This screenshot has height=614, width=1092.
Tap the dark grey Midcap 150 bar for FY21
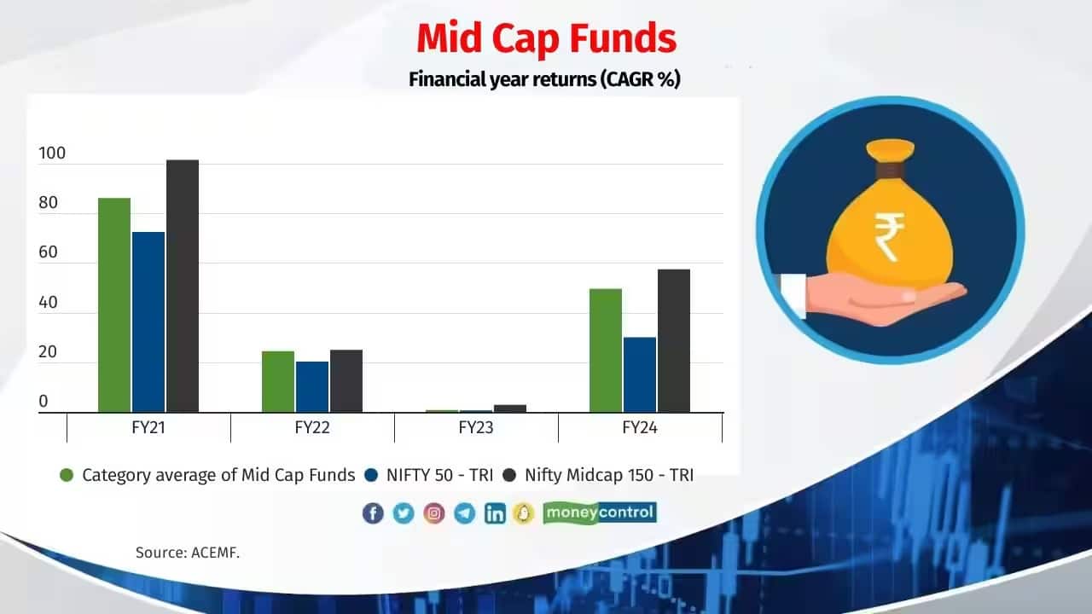(183, 287)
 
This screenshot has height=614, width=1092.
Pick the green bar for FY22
(278, 382)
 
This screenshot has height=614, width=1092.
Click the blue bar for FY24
(640, 375)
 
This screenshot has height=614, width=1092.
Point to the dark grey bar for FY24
(674, 341)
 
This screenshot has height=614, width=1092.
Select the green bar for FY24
(606, 350)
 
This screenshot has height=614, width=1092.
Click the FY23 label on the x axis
(476, 428)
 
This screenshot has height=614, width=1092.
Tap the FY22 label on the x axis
(312, 428)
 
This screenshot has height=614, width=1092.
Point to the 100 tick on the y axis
(52, 154)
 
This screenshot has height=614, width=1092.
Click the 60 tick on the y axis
(48, 252)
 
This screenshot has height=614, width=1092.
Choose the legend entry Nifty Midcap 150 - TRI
(608, 476)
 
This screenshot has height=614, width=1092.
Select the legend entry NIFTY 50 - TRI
(439, 476)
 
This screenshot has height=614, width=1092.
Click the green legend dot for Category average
(67, 476)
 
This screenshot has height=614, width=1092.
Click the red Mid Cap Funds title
(546, 39)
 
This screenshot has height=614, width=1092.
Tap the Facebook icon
(373, 513)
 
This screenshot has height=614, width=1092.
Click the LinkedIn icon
(495, 513)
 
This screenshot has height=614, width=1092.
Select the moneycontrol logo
(600, 513)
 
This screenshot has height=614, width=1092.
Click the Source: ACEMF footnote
(188, 553)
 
